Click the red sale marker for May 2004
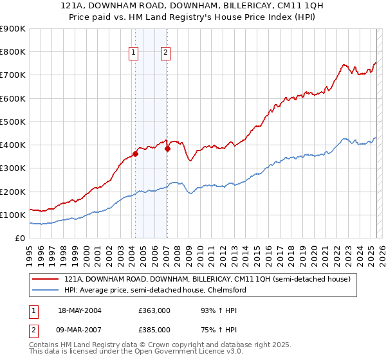pyautogui.click(x=135, y=154)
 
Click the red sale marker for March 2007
pyautogui.click(x=167, y=148)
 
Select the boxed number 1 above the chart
pyautogui.click(x=134, y=53)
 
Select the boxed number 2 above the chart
pyautogui.click(x=165, y=53)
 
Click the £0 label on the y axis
pyautogui.click(x=19, y=238)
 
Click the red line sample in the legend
pyautogui.click(x=46, y=280)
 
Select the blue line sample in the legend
pyautogui.click(x=46, y=290)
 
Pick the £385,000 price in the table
pyautogui.click(x=154, y=330)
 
